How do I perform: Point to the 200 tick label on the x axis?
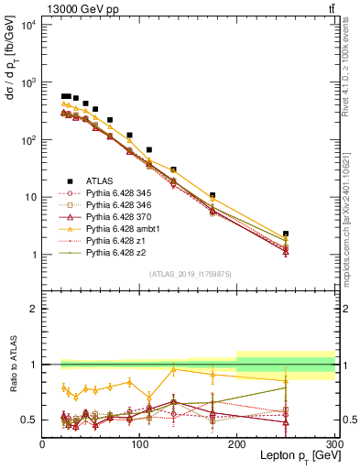(x=237, y=443)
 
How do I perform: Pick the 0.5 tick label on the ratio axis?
(x=30, y=420)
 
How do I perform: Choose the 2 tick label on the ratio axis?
(x=35, y=310)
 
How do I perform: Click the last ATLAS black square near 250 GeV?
(x=286, y=234)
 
